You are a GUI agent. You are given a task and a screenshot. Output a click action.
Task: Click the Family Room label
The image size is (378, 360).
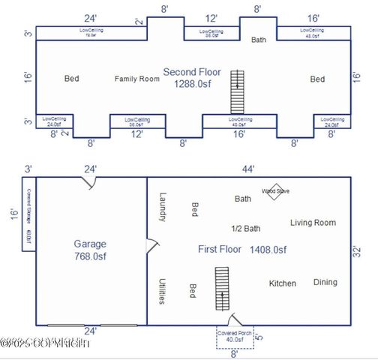click(x=137, y=79)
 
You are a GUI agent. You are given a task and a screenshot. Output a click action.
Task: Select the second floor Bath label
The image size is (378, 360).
click(x=259, y=40)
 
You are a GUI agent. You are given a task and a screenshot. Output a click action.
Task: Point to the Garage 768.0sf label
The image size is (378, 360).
click(x=90, y=250)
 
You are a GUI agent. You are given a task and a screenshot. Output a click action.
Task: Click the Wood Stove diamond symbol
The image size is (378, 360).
click(x=275, y=190)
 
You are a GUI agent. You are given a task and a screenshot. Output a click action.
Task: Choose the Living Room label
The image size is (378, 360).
click(x=313, y=223)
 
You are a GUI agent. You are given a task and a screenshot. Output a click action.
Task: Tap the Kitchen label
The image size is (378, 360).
click(x=282, y=283)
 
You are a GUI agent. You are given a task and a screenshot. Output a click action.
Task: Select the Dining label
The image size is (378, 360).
click(x=325, y=283)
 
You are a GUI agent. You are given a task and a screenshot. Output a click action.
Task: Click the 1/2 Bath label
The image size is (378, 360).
click(x=245, y=229)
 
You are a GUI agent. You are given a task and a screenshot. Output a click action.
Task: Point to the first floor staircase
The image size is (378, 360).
click(x=221, y=289)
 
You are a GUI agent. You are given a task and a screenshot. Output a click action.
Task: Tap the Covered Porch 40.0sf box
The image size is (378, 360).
click(x=235, y=337)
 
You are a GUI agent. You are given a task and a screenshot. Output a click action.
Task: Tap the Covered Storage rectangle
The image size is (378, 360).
click(x=25, y=214)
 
